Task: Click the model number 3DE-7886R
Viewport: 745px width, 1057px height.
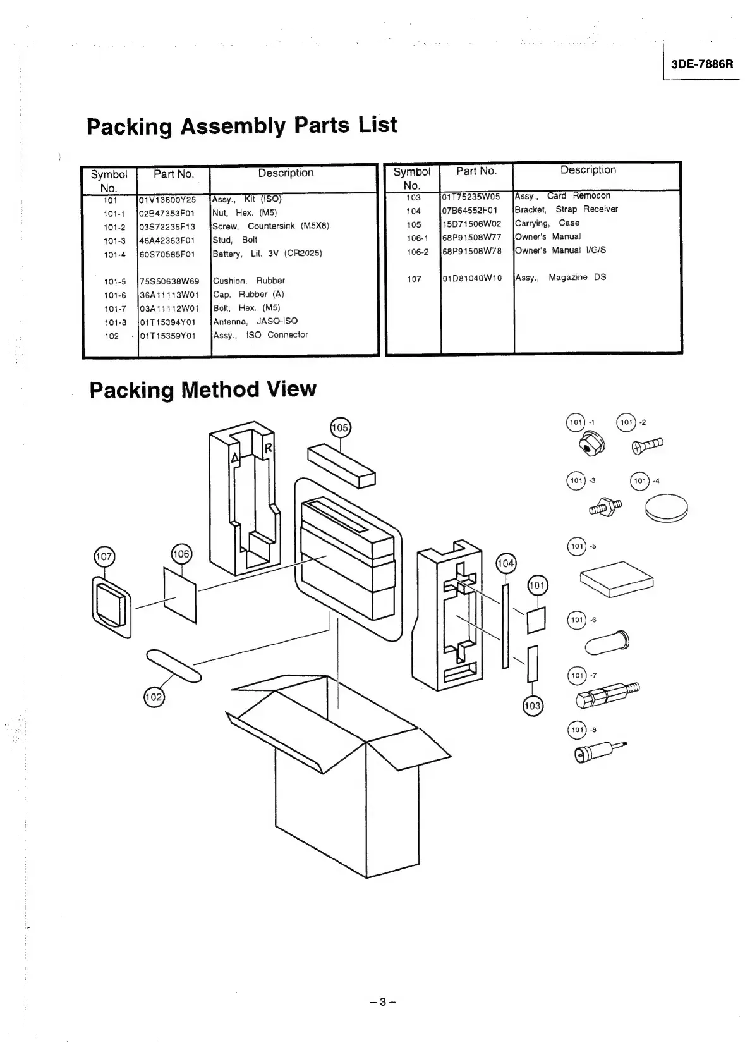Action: [702, 64]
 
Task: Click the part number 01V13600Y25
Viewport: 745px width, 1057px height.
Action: [167, 200]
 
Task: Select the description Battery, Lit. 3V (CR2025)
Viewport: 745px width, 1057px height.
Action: [267, 254]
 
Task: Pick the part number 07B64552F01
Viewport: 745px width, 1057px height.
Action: [469, 211]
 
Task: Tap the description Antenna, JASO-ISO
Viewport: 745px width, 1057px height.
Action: [255, 321]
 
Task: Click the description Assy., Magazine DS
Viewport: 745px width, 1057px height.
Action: [560, 278]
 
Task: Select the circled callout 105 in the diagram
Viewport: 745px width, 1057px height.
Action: [340, 428]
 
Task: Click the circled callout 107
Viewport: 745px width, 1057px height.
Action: [104, 557]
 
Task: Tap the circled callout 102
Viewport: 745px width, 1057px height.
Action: [154, 697]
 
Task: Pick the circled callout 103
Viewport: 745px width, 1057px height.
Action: [533, 705]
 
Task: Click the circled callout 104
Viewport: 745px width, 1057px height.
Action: [506, 563]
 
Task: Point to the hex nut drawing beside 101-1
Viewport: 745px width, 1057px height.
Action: [588, 446]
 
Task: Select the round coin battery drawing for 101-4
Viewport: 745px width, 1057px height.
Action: [666, 508]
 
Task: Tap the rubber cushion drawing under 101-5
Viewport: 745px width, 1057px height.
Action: [616, 578]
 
